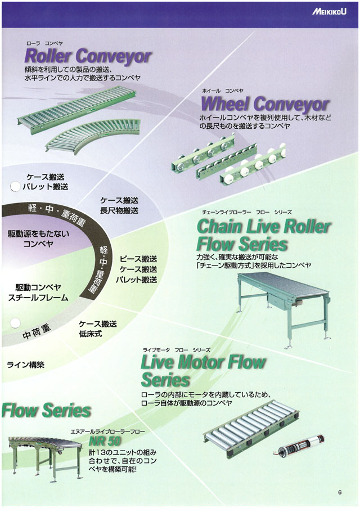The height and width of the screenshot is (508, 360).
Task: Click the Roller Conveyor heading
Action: coord(88,56)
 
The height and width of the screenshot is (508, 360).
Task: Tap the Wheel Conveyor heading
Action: coord(264,104)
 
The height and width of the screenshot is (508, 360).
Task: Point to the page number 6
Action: coord(340,493)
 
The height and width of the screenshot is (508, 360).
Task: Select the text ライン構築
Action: coord(25,365)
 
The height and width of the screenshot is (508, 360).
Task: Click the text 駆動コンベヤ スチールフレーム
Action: coord(38,292)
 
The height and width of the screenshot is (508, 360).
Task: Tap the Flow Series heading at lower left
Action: coord(46,410)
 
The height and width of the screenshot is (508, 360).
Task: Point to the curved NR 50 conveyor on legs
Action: coord(42,453)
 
